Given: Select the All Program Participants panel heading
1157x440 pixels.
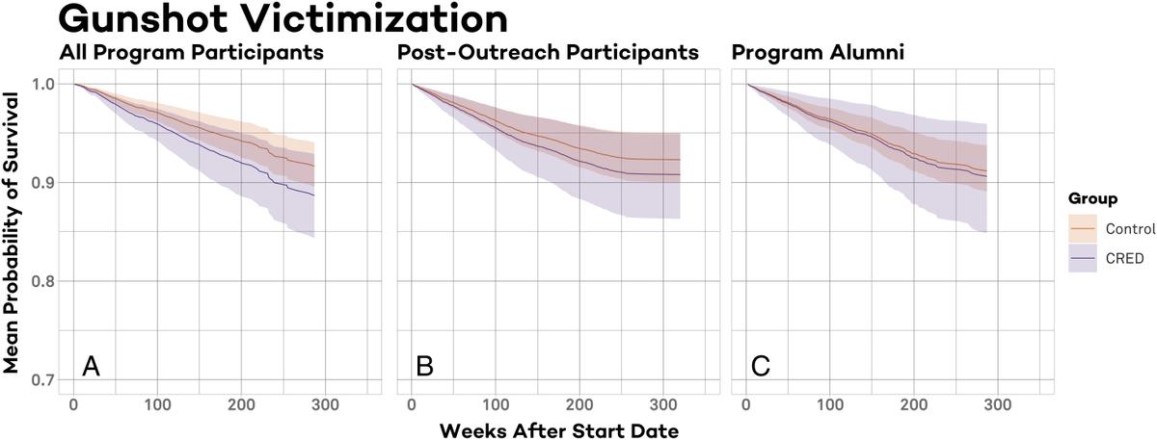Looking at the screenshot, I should (192, 53).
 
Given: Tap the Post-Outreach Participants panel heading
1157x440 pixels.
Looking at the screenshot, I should (548, 53).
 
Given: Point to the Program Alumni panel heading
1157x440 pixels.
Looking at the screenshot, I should (819, 53).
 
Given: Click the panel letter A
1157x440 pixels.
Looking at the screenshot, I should (92, 367).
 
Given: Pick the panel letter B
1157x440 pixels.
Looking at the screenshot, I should (424, 367).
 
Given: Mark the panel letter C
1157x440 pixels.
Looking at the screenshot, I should (761, 367).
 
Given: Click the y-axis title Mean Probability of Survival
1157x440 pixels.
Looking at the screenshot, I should (13, 231).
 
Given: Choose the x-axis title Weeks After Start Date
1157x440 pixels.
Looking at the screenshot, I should (559, 428).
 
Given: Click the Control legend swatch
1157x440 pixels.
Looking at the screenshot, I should (1084, 228).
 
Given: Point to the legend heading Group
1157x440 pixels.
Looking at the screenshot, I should (1092, 199).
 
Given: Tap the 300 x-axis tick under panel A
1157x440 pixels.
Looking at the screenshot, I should (325, 403).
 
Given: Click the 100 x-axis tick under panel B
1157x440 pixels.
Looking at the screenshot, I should (495, 403).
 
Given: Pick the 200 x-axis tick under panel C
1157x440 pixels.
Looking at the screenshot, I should (914, 403).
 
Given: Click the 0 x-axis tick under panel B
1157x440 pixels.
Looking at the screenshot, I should (412, 403).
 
